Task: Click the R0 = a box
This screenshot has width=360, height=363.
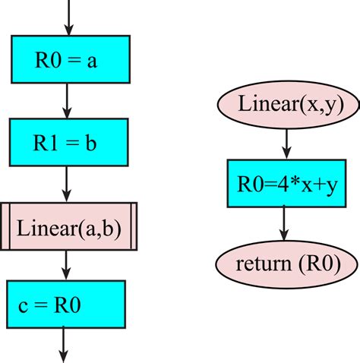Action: (x=68, y=59)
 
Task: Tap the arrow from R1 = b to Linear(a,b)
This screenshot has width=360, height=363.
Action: (x=68, y=183)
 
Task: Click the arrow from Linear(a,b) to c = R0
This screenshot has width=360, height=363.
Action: (x=68, y=265)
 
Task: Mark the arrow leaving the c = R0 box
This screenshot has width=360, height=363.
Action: (x=64, y=346)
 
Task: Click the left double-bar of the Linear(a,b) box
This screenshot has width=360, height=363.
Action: (x=5, y=226)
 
